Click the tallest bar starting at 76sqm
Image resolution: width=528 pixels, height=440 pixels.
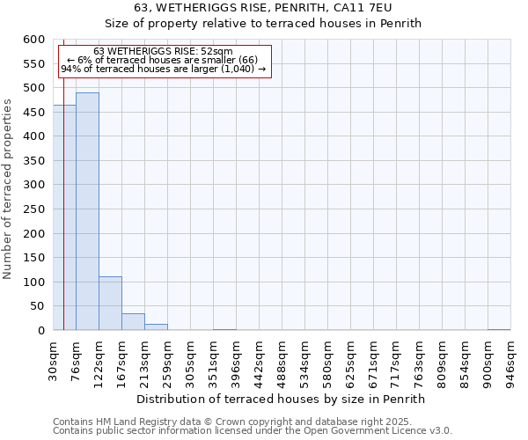tap(87, 211)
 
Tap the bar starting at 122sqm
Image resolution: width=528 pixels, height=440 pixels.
tap(110, 304)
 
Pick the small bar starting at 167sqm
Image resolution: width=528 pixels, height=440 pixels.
tap(133, 322)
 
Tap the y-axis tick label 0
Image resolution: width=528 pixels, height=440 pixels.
tap(40, 331)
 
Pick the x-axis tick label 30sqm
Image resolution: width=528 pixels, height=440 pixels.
tap(54, 362)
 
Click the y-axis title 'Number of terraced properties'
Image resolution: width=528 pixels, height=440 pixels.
tap(8, 188)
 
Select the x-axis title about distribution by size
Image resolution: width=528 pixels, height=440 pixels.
tap(282, 399)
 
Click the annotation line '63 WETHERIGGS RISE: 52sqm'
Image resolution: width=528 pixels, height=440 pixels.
tap(163, 51)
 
